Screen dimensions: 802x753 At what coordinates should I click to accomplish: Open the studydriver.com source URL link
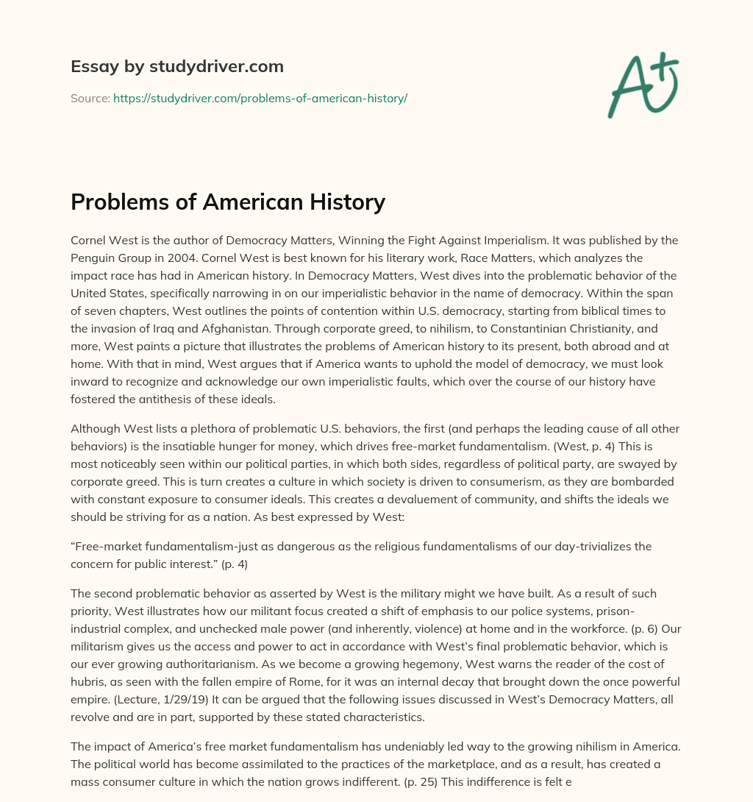(x=260, y=98)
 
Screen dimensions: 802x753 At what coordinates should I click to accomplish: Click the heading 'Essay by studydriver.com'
(x=176, y=66)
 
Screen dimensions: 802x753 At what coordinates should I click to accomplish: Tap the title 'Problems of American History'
(x=228, y=201)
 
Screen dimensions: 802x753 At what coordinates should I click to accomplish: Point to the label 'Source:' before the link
(x=90, y=98)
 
